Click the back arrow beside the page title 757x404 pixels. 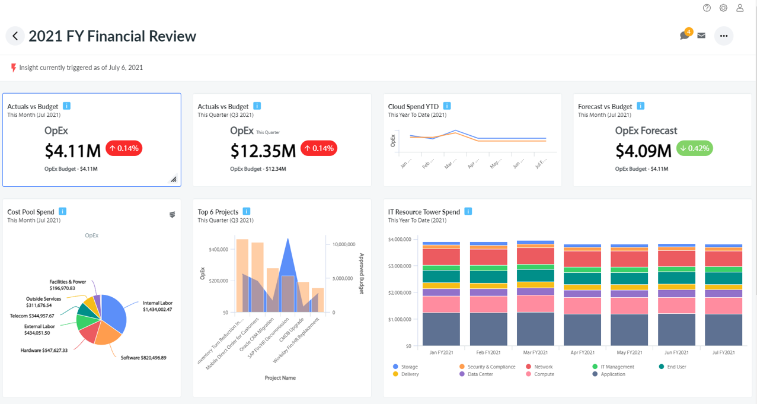[15, 36]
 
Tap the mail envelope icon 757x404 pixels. [701, 36]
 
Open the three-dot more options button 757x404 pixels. [723, 36]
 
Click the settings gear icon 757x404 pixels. [723, 8]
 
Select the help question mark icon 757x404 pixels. [707, 8]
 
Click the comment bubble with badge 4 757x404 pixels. [685, 35]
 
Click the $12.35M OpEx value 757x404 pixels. [263, 151]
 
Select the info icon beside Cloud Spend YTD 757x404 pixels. [447, 106]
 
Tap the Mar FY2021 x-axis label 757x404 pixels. [535, 352]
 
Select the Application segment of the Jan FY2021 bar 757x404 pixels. [440, 329]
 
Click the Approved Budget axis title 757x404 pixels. [362, 273]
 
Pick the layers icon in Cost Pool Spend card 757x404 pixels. [172, 215]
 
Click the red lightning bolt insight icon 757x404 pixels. [13, 68]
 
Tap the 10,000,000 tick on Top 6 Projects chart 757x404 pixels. [344, 244]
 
